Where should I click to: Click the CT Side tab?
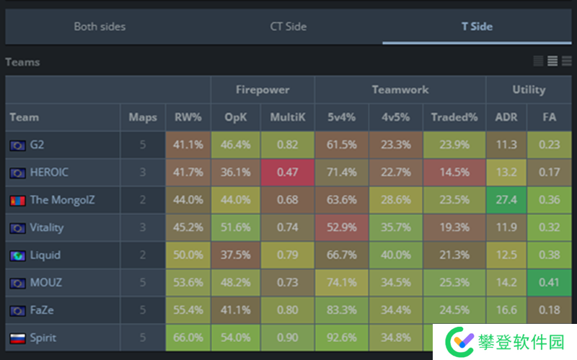pos(288,27)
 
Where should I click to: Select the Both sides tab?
pos(100,27)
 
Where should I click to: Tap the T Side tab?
pos(477,27)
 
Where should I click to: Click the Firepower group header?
pos(263,90)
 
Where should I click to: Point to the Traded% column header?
pos(454,117)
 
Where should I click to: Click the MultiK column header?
pos(287,117)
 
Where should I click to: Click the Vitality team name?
pos(47,227)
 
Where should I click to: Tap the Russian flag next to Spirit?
pos(17,338)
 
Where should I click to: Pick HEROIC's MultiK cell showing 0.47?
pos(287,172)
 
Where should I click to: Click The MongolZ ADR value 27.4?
pos(506,200)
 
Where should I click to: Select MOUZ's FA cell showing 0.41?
pos(550,283)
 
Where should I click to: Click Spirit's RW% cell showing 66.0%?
pos(188,338)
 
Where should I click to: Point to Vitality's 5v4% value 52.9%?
pos(341,227)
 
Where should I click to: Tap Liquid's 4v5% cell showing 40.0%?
pos(395,255)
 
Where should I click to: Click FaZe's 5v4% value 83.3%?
pos(341,310)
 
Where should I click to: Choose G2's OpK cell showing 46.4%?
pos(236,144)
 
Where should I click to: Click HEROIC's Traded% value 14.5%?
pos(454,172)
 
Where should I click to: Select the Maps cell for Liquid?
pos(142,255)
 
